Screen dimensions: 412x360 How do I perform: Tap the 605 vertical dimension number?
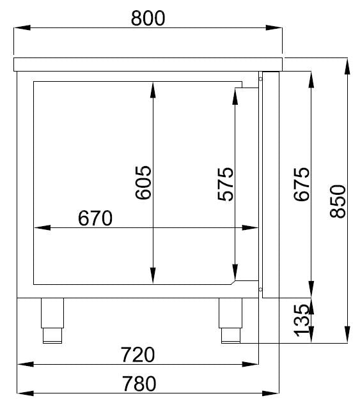(143, 183)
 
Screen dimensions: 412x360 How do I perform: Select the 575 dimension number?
(225, 184)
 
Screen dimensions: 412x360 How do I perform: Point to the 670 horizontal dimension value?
(95, 218)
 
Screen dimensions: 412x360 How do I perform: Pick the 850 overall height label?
(337, 201)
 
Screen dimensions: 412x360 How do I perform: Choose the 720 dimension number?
(137, 354)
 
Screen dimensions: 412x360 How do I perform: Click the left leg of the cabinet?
(52, 319)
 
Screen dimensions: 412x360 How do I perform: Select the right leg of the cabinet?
(230, 319)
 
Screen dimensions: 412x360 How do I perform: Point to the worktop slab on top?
(148, 63)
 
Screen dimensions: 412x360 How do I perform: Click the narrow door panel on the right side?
(270, 185)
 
